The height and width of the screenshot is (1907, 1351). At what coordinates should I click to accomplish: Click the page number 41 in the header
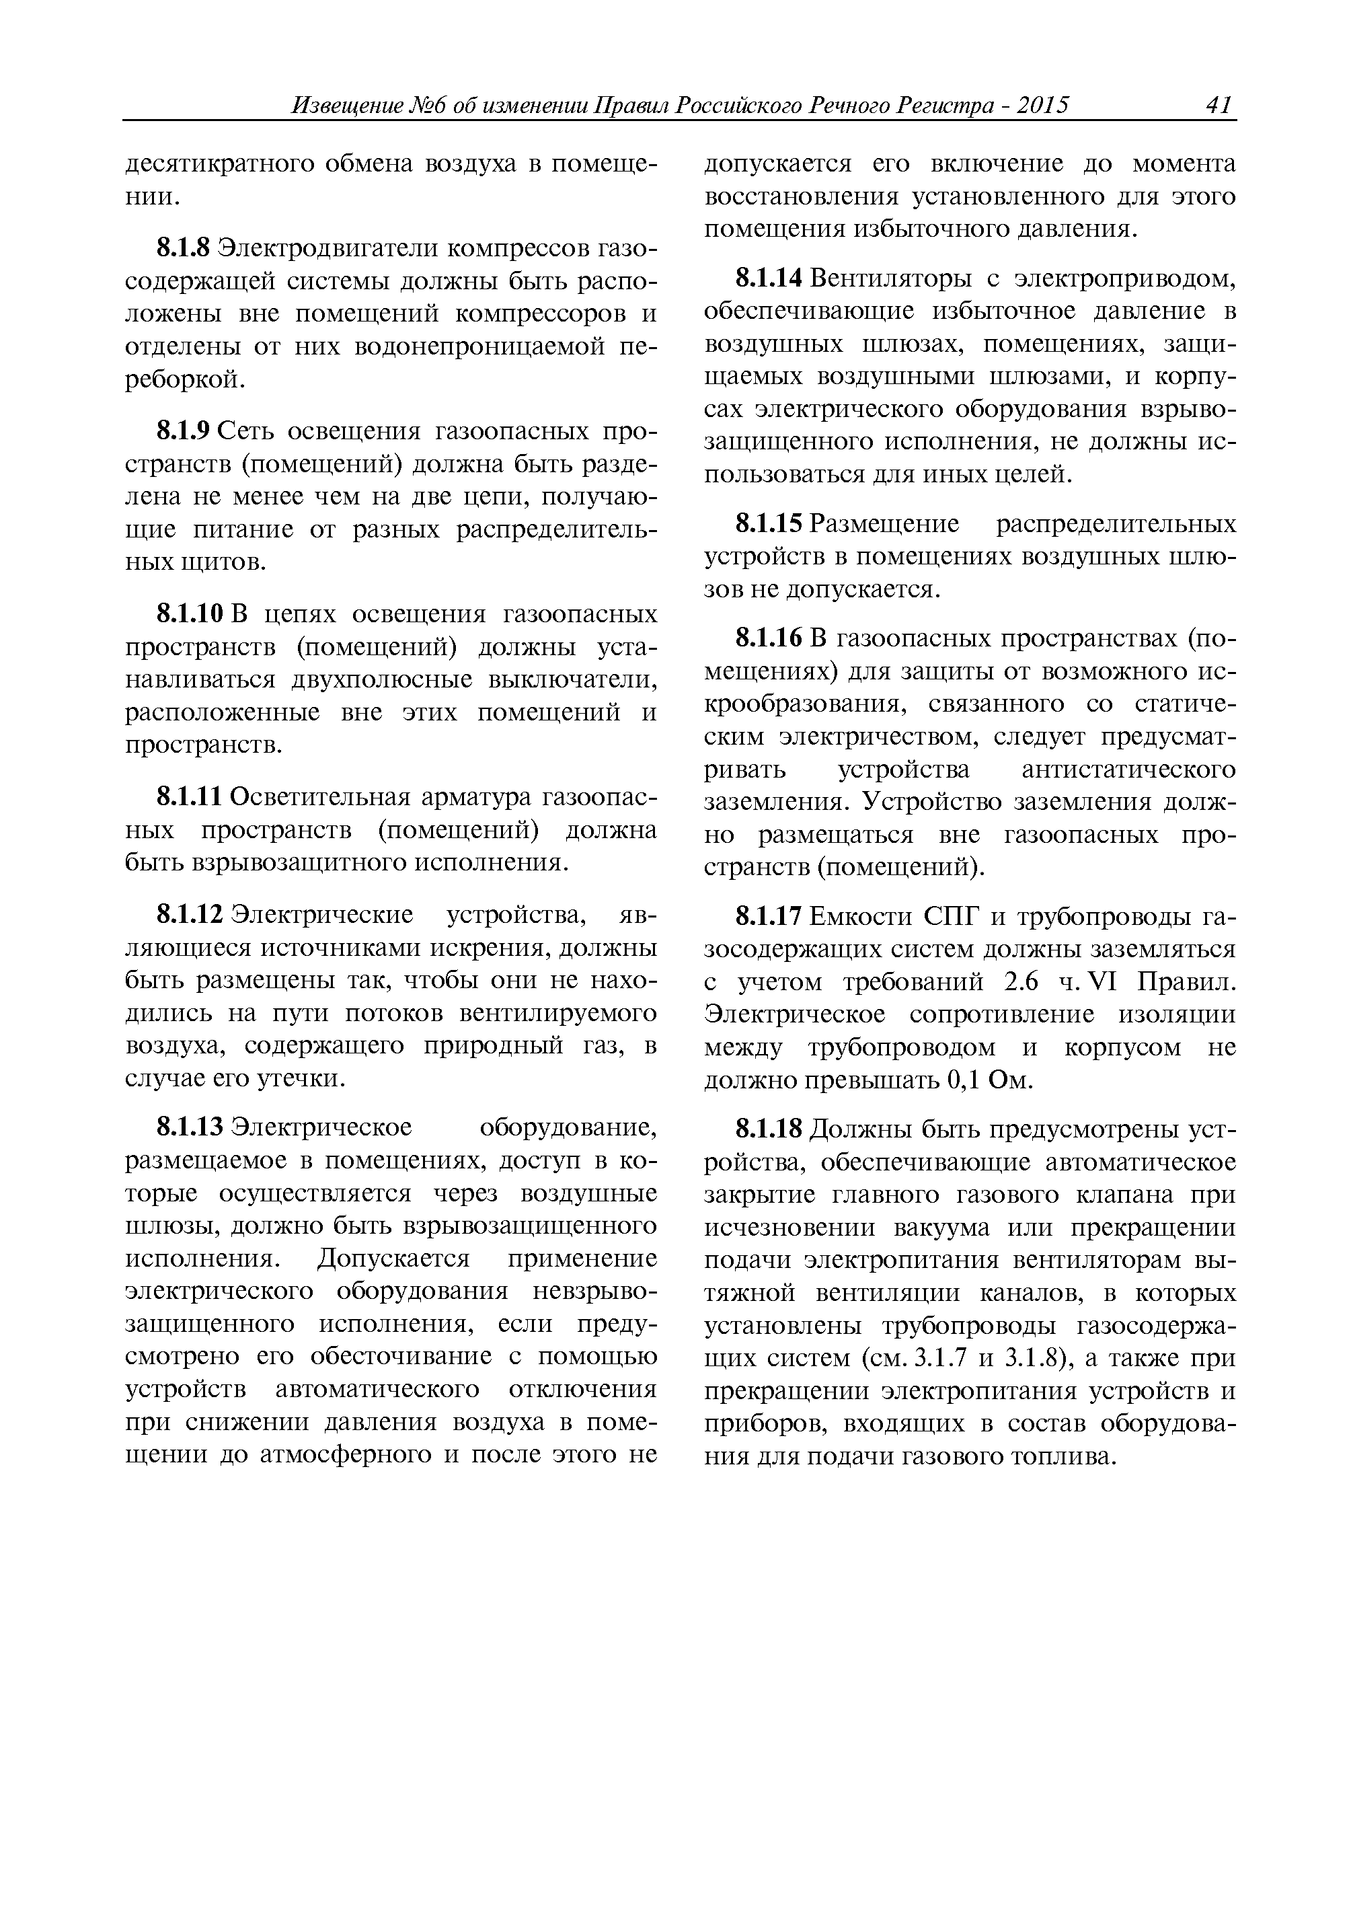(x=1217, y=106)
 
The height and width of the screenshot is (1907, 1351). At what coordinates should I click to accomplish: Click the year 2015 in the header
(x=1042, y=106)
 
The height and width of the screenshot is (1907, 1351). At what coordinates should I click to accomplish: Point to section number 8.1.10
(x=190, y=615)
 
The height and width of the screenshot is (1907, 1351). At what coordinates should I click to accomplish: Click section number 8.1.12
(x=190, y=915)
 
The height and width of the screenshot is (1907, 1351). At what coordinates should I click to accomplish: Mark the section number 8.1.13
(x=190, y=1128)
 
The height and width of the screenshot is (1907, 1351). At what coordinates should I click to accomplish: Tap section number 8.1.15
(x=769, y=524)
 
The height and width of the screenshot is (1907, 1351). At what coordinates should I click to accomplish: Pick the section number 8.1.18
(x=769, y=1131)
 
